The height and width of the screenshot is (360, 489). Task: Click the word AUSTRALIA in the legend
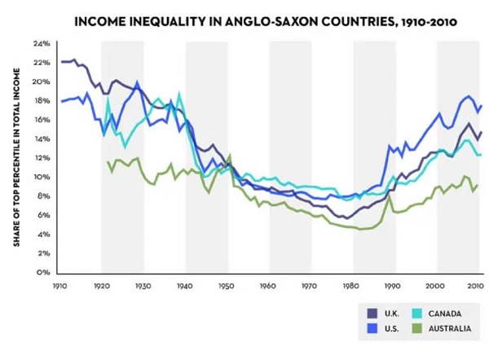(x=451, y=328)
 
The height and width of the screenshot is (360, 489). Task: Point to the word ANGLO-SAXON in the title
(x=262, y=20)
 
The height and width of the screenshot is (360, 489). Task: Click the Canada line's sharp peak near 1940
(x=179, y=94)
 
